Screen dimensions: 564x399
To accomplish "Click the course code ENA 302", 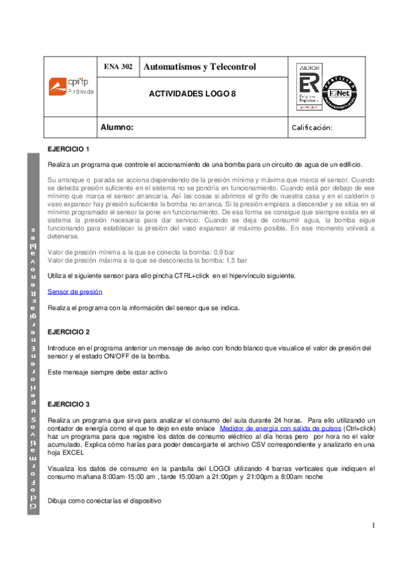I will tap(118, 67).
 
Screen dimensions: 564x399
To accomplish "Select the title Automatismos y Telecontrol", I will tap(199, 67).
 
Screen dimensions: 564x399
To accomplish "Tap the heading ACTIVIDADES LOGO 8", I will tap(193, 94).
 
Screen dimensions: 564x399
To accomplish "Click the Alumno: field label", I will tap(117, 126).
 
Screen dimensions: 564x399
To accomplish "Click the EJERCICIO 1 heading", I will tap(69, 148).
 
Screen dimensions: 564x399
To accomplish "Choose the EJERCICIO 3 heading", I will tap(69, 404).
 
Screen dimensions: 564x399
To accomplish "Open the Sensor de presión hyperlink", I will tap(75, 291).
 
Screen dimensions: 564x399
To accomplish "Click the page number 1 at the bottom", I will tap(374, 525).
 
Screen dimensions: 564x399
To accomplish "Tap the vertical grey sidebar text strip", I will tap(33, 333).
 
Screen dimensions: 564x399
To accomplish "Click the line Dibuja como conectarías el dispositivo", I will tap(104, 499).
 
